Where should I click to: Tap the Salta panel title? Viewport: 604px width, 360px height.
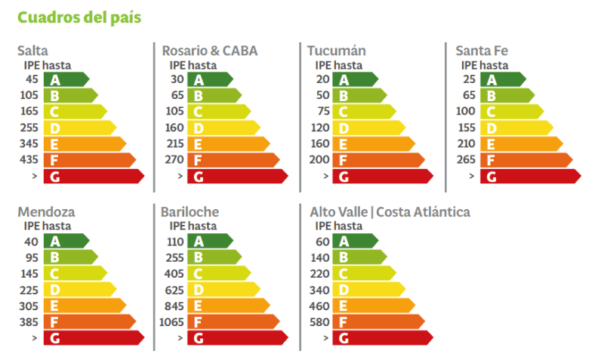32,51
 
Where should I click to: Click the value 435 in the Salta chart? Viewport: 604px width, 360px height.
29,160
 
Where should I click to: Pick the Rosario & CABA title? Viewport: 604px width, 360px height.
209,51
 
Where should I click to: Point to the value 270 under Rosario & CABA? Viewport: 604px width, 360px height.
174,160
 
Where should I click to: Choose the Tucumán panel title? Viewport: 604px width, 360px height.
336,51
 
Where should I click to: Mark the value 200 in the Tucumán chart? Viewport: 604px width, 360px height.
320,160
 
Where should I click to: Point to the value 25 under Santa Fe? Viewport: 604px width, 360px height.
469,79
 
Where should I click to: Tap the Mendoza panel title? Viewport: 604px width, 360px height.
46,212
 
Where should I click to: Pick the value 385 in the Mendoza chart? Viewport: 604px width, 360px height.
29,322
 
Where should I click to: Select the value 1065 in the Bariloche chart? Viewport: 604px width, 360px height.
172,322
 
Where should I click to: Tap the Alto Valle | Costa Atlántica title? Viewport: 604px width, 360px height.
390,212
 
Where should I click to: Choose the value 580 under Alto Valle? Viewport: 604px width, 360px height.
320,322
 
